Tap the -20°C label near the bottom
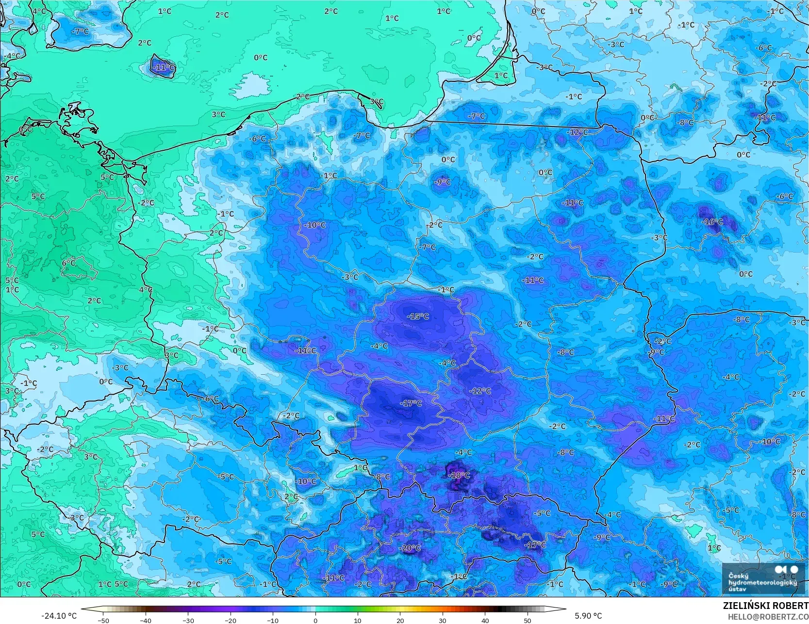pos(411,548)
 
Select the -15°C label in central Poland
pos(418,317)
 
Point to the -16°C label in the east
pos(712,222)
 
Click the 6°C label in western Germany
pos(68,263)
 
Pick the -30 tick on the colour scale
pos(188,620)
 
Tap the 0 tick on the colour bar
pos(315,620)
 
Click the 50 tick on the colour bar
pos(528,620)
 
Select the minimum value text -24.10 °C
pos(59,616)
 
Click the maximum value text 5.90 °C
pos(588,616)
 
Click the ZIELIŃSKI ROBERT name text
pos(765,606)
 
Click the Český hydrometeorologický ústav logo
pos(762,579)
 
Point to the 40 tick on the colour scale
pos(485,620)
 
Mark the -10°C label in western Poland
pos(315,225)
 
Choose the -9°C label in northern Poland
pos(443,182)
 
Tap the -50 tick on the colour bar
pos(103,620)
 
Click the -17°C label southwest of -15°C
pos(411,403)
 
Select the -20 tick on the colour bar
pos(231,620)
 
